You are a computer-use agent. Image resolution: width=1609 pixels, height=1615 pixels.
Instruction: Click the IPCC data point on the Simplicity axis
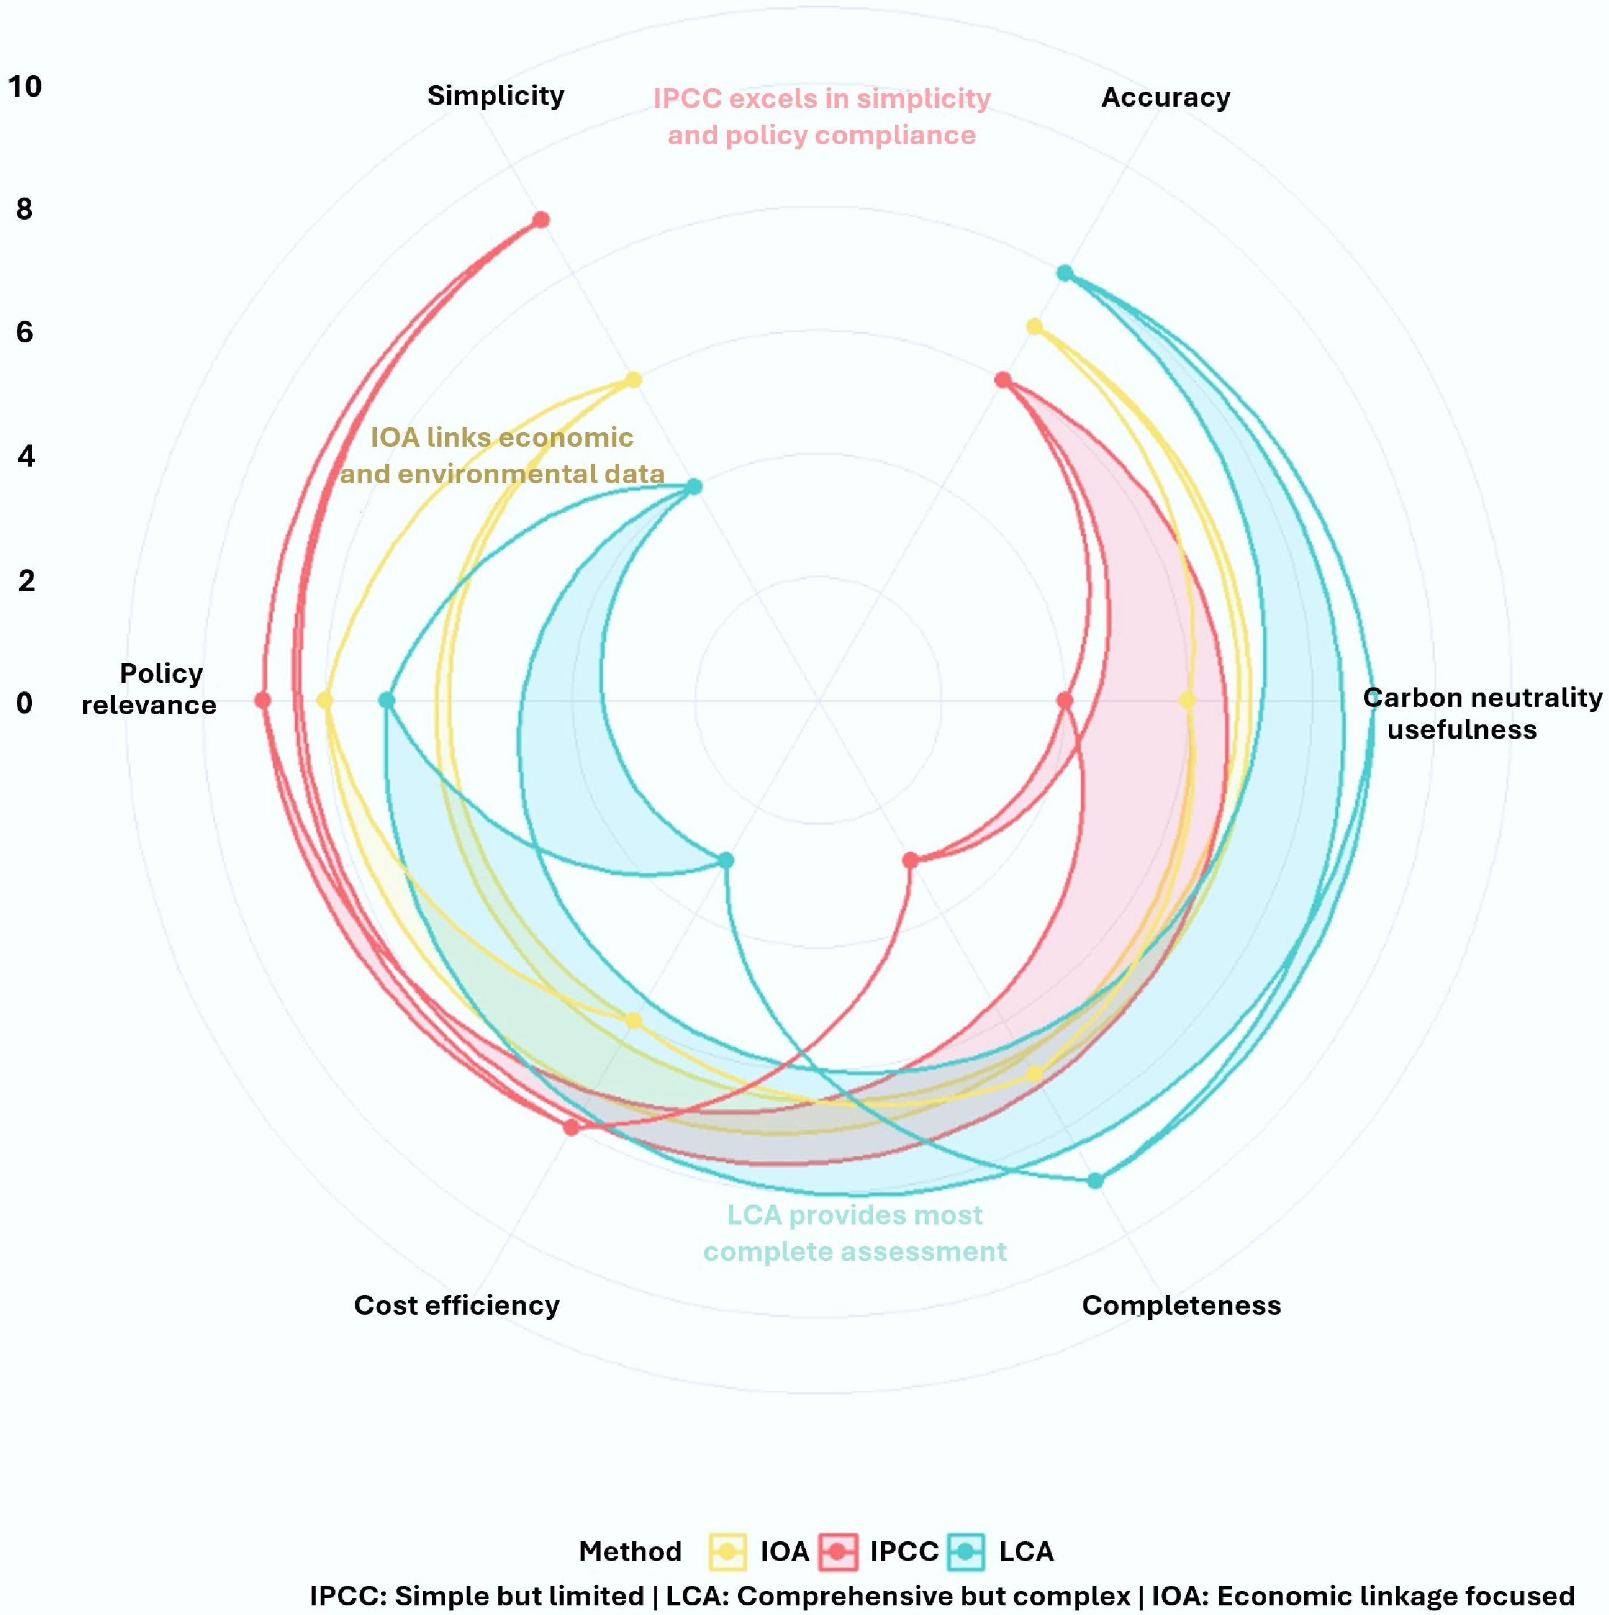coord(541,220)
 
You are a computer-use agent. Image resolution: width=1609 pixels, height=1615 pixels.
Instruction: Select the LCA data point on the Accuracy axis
coord(1064,274)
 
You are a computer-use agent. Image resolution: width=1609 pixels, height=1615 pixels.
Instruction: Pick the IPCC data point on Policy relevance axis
coord(262,700)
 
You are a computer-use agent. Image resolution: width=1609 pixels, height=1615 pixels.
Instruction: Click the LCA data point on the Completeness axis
coord(1095,1180)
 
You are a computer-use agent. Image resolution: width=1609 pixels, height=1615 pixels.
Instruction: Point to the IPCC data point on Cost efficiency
coord(571,1127)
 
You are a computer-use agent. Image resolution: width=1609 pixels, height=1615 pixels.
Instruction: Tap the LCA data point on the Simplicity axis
coord(694,486)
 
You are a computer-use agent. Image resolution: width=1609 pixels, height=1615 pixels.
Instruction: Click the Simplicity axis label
coord(495,95)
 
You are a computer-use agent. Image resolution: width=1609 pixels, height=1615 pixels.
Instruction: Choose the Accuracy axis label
coord(1165,97)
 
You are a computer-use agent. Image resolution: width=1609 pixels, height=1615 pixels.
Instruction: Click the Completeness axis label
coord(1181,1305)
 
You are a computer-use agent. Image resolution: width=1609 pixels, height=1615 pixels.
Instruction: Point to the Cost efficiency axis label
coord(456,1305)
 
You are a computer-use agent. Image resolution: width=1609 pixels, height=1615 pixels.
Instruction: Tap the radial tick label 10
coord(25,86)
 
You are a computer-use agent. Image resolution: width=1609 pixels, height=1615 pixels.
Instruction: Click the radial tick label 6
coord(25,332)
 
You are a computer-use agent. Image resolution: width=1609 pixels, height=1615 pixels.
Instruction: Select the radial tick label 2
coord(26,580)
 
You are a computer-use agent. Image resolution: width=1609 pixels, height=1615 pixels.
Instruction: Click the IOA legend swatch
coord(727,1551)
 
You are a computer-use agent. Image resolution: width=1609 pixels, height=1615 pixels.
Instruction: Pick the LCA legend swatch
coord(966,1551)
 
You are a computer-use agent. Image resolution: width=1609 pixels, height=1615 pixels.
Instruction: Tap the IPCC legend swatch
coord(838,1551)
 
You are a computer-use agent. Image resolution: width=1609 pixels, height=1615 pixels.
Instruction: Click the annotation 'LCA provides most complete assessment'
coord(854,1233)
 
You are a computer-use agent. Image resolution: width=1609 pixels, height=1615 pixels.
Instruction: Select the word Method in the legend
coord(630,1551)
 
